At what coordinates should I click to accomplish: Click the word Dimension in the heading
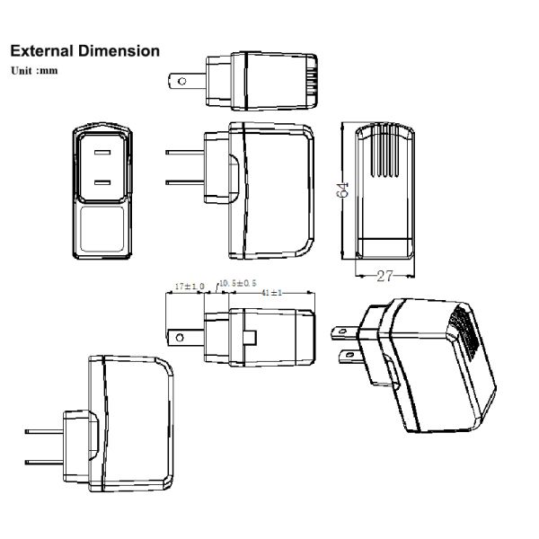coord(120,51)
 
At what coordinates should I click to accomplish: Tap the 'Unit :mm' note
coord(34,70)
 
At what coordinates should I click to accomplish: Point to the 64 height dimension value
coord(342,190)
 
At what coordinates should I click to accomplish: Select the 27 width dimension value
coord(386,276)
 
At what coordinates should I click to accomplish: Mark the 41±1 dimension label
coord(270,293)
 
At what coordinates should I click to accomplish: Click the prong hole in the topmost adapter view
coord(182,81)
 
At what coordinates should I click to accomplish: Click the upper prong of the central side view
coord(184,152)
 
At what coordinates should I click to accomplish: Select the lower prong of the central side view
coord(184,184)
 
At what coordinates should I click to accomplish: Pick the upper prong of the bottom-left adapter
coord(43,431)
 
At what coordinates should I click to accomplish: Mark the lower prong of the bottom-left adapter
coord(43,463)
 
